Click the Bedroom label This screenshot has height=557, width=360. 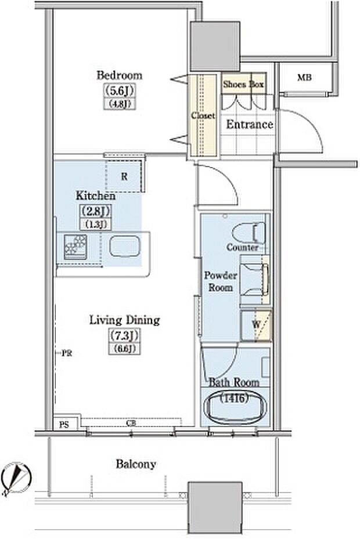120,75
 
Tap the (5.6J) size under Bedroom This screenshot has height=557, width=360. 120,91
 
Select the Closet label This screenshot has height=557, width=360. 203,115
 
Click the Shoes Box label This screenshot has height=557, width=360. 243,84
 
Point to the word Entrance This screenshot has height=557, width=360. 250,124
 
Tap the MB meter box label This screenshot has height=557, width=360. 304,77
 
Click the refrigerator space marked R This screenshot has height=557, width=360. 125,176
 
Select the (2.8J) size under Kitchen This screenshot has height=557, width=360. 95,212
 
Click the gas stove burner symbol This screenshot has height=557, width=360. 75,247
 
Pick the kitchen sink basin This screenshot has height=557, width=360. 124,247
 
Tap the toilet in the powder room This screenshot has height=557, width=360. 249,233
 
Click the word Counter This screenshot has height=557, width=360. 242,247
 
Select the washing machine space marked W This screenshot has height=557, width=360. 256,325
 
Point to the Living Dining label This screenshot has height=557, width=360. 124,320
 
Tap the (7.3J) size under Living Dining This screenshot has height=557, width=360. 124,335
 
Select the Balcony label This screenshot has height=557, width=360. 136,464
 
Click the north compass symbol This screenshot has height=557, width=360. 16,478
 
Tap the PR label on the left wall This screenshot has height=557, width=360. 67,353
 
